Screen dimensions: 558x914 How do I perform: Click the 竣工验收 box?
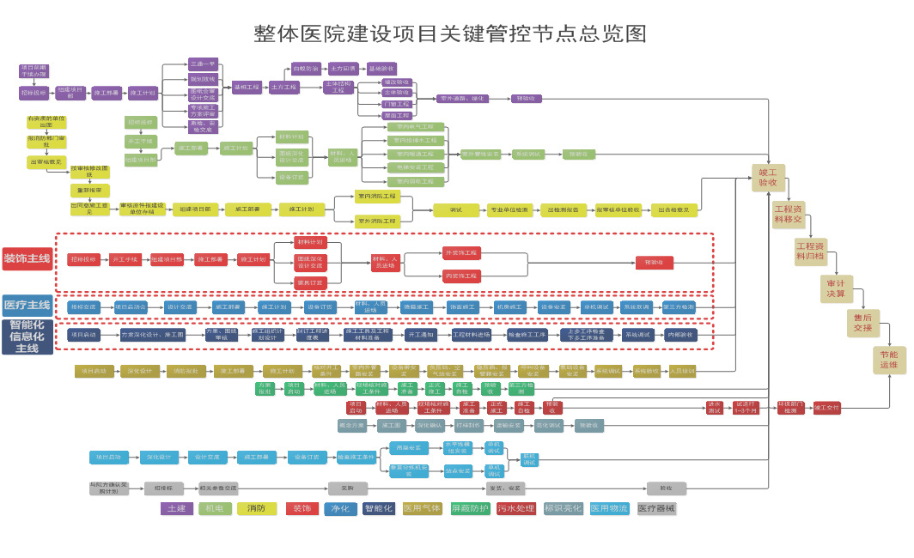(x=768, y=177)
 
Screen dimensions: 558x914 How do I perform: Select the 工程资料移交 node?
(x=789, y=214)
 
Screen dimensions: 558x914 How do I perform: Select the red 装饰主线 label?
(x=27, y=258)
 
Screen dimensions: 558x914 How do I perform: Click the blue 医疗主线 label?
(x=27, y=305)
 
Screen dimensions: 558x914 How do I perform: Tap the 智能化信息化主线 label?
(x=27, y=337)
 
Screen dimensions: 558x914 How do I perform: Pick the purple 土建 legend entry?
(x=177, y=508)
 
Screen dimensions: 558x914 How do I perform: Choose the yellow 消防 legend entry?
(x=256, y=508)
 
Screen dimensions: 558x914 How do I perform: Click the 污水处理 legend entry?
(x=516, y=508)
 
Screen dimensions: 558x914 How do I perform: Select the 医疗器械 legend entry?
(x=656, y=508)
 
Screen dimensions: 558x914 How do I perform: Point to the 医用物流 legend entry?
(x=610, y=508)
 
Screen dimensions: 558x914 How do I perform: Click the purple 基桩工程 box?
(x=246, y=87)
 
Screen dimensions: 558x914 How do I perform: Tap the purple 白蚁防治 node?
(x=305, y=68)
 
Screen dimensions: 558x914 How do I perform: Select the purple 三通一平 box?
(x=204, y=64)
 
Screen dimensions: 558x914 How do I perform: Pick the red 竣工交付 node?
(x=827, y=408)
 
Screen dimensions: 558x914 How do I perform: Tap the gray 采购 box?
(x=348, y=488)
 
